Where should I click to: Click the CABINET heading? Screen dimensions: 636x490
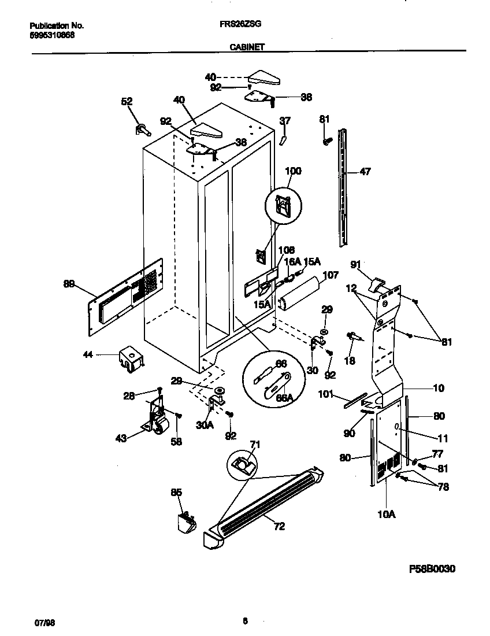point(247,48)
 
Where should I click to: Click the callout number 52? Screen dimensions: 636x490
point(127,101)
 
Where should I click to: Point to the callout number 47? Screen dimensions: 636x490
point(365,171)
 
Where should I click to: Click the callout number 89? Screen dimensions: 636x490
point(69,283)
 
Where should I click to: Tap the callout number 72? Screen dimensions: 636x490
point(279,526)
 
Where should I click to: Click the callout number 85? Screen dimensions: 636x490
point(176,492)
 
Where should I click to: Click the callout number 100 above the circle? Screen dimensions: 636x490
point(294,171)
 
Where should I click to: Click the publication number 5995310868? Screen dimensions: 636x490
point(51,34)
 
